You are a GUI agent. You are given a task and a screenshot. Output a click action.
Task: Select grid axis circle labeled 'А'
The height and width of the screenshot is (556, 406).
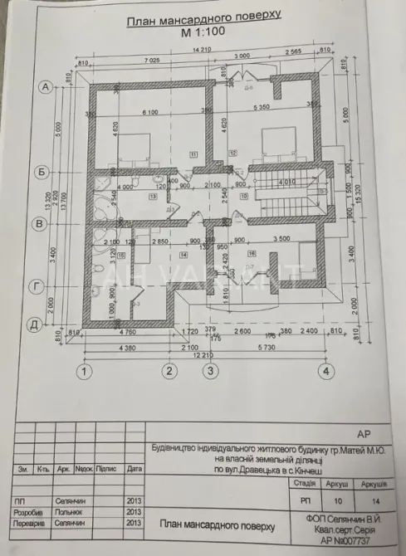pos(48,86)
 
